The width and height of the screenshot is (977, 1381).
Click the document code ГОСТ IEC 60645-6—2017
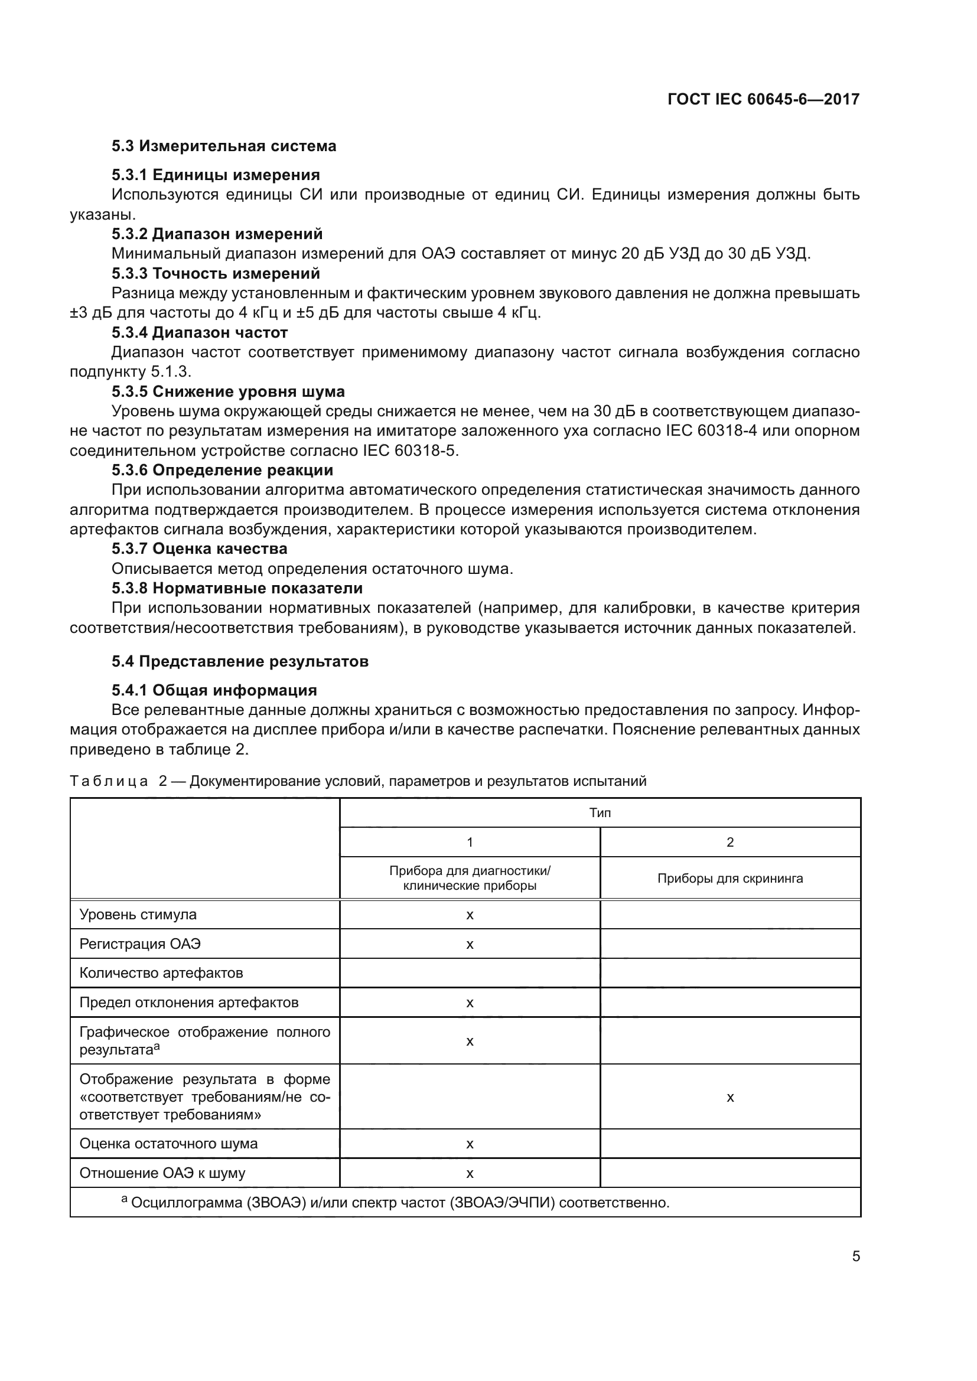pos(763,99)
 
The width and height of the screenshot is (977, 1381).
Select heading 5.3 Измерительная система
pos(224,146)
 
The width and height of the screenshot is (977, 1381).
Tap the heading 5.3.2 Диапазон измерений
pos(217,234)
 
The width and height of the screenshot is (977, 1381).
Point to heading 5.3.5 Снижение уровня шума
pos(228,391)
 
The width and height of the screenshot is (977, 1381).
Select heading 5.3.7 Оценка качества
pos(199,549)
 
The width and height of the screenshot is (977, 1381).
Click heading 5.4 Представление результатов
pos(239,662)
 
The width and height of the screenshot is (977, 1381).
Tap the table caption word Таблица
pos(109,781)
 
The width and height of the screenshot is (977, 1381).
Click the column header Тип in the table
pos(600,813)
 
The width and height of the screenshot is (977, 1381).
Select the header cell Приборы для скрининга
pos(730,879)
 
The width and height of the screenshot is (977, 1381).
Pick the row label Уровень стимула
pos(138,915)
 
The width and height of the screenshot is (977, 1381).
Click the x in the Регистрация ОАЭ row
pos(470,944)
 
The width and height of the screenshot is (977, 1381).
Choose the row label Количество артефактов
pos(161,973)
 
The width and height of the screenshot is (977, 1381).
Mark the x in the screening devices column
pos(730,1097)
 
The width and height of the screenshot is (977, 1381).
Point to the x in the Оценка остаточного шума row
pos(470,1144)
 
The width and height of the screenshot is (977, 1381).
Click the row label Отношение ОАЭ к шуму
pos(162,1173)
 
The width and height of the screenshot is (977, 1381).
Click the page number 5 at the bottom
pos(855,1256)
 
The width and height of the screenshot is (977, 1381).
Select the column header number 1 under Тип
pos(470,843)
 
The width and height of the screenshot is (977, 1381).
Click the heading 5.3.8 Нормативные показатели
pos(237,588)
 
